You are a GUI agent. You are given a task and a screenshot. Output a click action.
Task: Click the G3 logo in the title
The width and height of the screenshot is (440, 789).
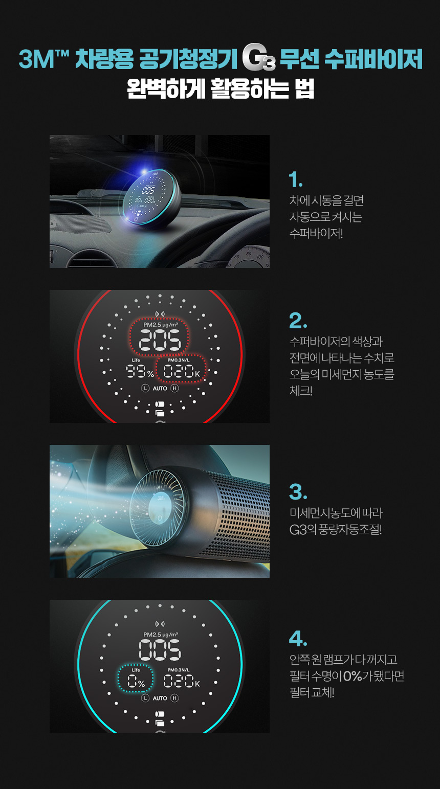click(259, 57)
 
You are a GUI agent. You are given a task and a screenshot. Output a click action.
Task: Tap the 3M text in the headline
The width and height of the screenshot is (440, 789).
click(37, 59)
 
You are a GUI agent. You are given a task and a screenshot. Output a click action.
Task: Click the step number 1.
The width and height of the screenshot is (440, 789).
click(295, 179)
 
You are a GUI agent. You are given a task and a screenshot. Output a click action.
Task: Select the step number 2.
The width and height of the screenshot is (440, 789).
click(298, 321)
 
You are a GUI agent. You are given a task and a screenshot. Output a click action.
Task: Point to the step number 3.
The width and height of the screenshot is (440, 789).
click(298, 492)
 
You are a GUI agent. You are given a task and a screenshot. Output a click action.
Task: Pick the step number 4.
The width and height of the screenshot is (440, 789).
click(298, 639)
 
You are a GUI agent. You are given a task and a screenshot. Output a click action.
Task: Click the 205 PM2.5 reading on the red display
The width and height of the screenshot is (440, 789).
click(160, 340)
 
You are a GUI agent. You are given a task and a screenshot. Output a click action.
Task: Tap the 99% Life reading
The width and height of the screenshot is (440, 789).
click(140, 372)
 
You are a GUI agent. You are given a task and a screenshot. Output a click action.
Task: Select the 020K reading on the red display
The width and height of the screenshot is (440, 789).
click(182, 372)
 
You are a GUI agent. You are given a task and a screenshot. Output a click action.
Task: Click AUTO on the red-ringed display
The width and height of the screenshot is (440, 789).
click(160, 388)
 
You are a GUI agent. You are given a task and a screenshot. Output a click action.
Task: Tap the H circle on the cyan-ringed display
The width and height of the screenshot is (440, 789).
click(174, 698)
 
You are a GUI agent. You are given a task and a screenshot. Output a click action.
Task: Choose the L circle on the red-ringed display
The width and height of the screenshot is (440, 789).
click(145, 388)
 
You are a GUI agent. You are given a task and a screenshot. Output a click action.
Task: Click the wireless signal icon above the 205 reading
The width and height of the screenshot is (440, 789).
click(160, 314)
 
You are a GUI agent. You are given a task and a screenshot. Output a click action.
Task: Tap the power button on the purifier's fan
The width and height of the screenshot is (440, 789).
click(160, 518)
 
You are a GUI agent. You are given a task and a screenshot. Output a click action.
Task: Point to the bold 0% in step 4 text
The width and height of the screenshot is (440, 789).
click(353, 676)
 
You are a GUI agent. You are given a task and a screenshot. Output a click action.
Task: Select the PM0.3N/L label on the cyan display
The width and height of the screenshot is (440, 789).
click(179, 670)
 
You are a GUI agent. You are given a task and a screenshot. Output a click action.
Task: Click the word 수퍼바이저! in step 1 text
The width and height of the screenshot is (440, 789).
click(316, 233)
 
